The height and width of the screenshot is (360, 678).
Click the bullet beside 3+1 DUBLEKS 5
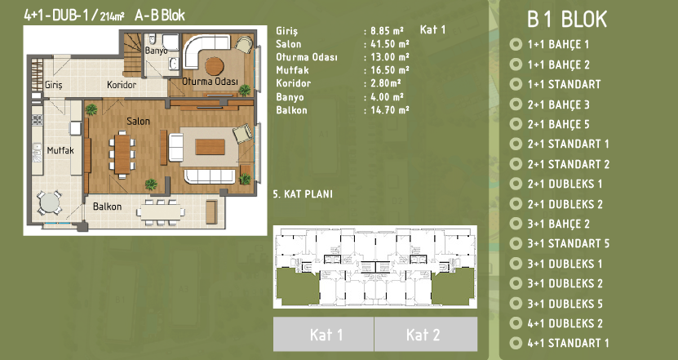pyautogui.click(x=516, y=304)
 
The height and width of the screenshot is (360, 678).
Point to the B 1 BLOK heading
pyautogui.click(x=567, y=20)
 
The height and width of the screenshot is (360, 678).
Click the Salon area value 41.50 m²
pyautogui.click(x=390, y=44)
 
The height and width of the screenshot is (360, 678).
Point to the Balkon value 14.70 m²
pyautogui.click(x=390, y=110)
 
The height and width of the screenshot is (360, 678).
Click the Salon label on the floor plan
pyautogui.click(x=139, y=121)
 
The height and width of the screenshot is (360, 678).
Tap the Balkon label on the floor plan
pyautogui.click(x=107, y=207)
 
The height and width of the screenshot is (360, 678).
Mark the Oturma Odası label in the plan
pyautogui.click(x=210, y=82)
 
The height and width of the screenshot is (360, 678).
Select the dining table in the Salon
pyautogui.click(x=123, y=153)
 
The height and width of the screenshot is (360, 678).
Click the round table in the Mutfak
pyautogui.click(x=50, y=202)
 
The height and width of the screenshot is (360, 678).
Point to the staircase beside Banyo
pyautogui.click(x=133, y=54)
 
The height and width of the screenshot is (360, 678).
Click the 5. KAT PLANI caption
pyautogui.click(x=303, y=193)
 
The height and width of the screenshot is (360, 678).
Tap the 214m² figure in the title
pyautogui.click(x=112, y=16)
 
